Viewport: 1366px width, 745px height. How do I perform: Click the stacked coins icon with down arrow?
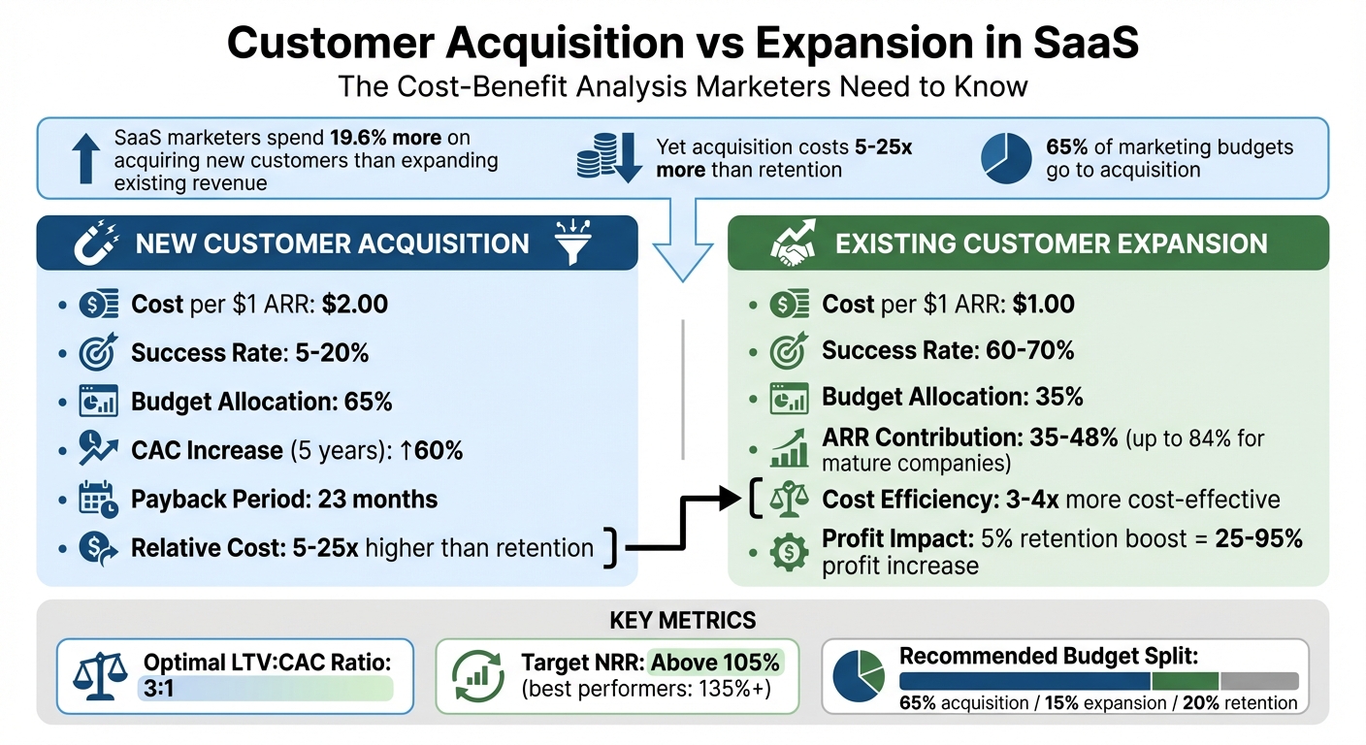pos(608,158)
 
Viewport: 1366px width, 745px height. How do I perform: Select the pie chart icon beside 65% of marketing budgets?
pos(1006,158)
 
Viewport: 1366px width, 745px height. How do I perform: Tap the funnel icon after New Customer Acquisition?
pos(572,243)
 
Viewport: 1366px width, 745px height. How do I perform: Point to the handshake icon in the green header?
pos(793,243)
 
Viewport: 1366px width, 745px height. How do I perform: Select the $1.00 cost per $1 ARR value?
pos(1043,305)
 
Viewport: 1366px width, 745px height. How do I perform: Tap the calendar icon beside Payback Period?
pos(98,500)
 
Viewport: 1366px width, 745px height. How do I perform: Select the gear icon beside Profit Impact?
pos(788,552)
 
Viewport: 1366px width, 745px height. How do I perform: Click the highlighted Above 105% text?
pos(716,664)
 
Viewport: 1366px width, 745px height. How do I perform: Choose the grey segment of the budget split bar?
pos(1258,681)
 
